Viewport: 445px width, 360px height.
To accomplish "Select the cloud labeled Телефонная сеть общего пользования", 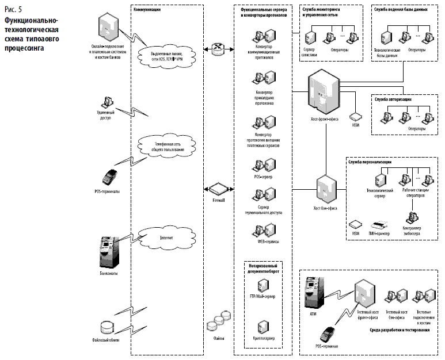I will click(167, 145).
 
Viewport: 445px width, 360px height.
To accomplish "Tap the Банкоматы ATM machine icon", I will click(108, 249).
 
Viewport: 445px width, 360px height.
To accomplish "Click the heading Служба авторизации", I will click(393, 99).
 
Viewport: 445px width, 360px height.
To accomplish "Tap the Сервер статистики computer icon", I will click(311, 40).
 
